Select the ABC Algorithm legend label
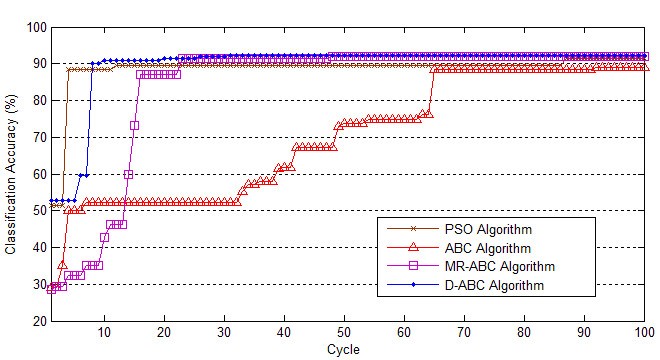tap(496, 246)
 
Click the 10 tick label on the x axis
tap(104, 333)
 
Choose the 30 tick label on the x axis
tap(224, 333)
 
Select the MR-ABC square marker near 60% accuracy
tap(128, 174)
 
